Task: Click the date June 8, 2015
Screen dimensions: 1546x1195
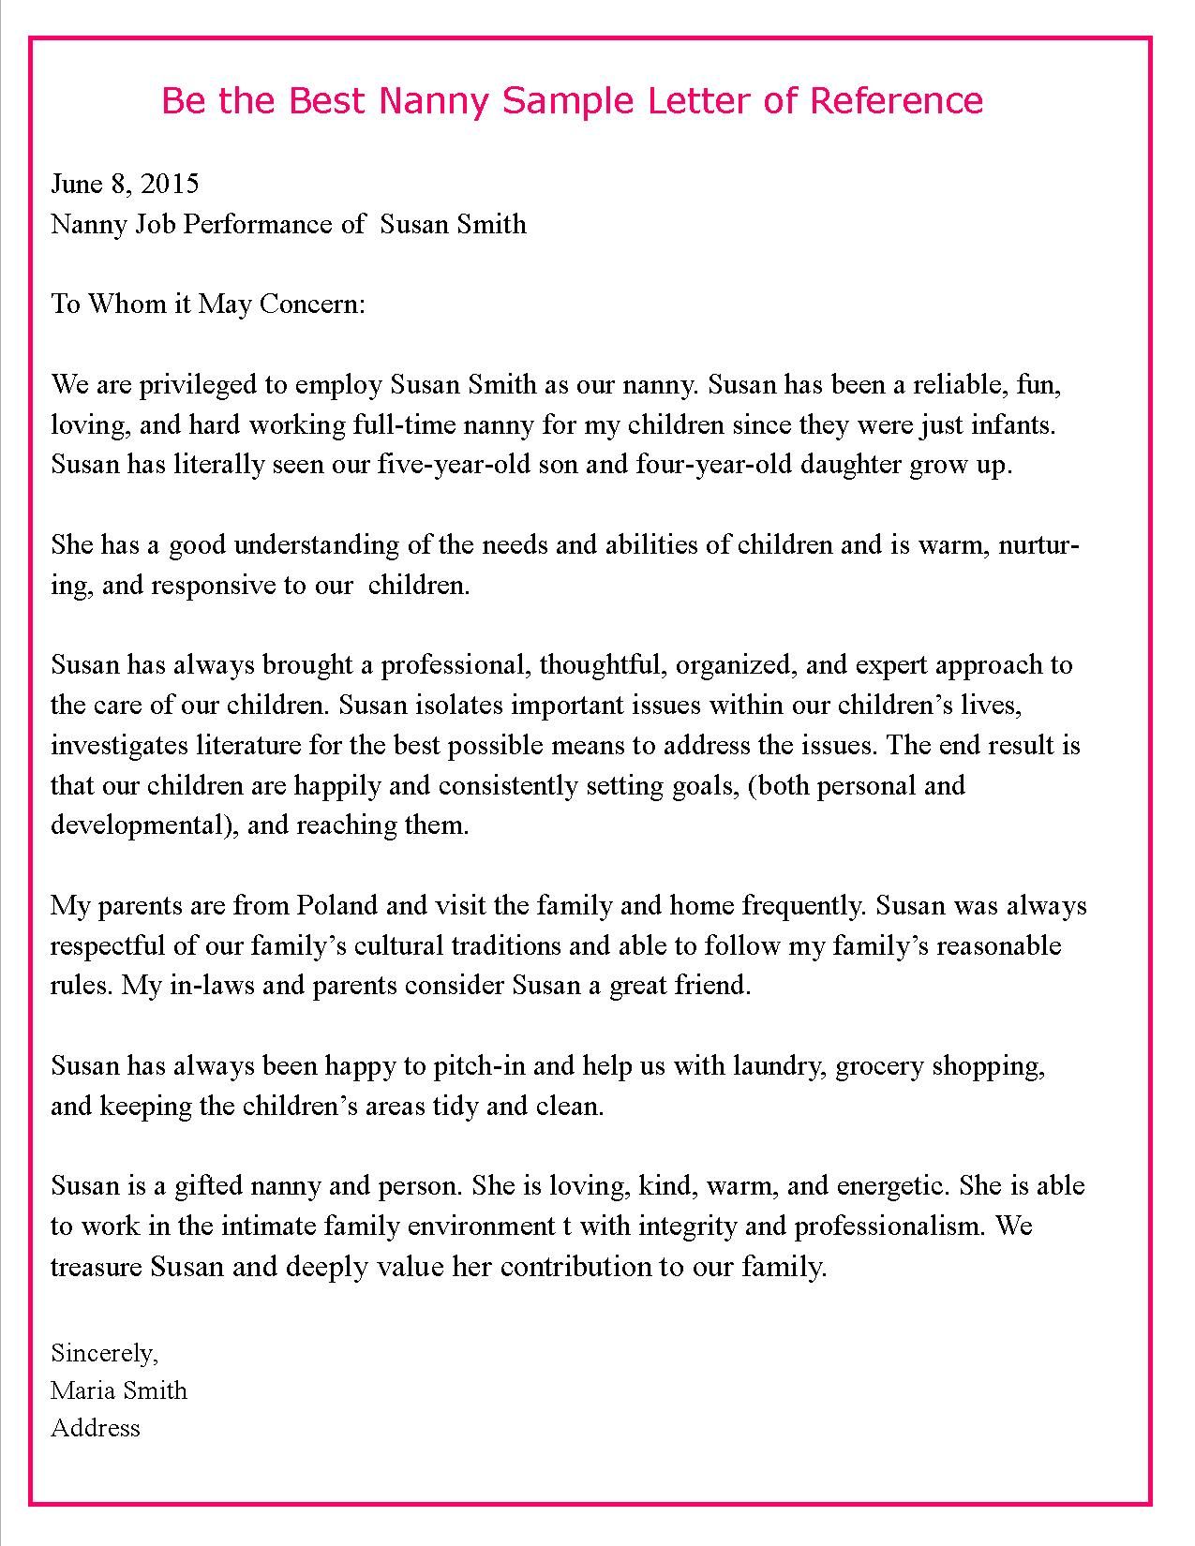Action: point(125,184)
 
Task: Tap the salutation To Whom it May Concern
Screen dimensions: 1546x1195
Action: point(207,305)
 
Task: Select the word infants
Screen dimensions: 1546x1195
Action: point(1017,424)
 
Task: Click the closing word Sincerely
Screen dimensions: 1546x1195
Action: point(104,1353)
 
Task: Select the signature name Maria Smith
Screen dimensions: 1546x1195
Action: point(119,1390)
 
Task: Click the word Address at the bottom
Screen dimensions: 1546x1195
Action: point(96,1428)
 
